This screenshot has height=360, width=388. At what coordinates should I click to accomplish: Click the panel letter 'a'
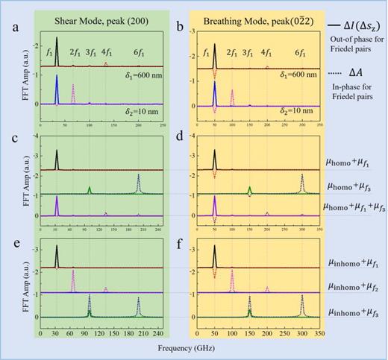tap(9, 30)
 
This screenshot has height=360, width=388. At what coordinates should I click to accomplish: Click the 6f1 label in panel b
tap(300, 54)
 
